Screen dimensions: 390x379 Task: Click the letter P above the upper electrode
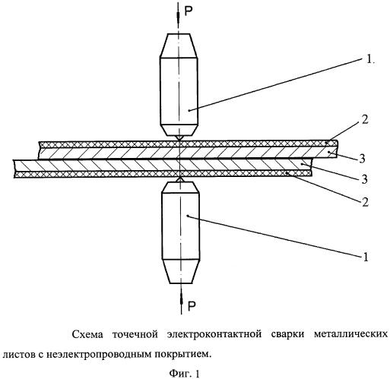(x=189, y=11)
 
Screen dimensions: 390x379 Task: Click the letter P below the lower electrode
(x=192, y=306)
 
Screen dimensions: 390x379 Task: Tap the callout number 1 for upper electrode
(x=369, y=59)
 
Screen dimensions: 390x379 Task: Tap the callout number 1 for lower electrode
(x=366, y=257)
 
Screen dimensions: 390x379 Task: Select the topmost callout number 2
(x=365, y=119)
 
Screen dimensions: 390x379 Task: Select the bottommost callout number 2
(x=365, y=202)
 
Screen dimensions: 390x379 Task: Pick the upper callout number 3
(x=363, y=159)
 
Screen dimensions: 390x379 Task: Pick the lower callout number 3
(x=364, y=179)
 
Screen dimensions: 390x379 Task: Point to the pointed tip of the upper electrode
(x=179, y=141)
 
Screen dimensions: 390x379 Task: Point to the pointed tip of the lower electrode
(x=179, y=177)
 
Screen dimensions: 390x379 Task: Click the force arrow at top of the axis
(x=178, y=17)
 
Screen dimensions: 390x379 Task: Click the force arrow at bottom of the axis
(x=182, y=298)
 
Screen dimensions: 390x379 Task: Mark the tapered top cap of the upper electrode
(x=179, y=46)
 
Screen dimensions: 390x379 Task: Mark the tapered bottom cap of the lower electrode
(x=181, y=271)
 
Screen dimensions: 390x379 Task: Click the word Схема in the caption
(x=87, y=334)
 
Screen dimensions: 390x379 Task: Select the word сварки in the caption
(x=287, y=334)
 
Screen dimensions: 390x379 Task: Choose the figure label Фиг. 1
(x=184, y=374)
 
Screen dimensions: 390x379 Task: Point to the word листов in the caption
(x=19, y=355)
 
